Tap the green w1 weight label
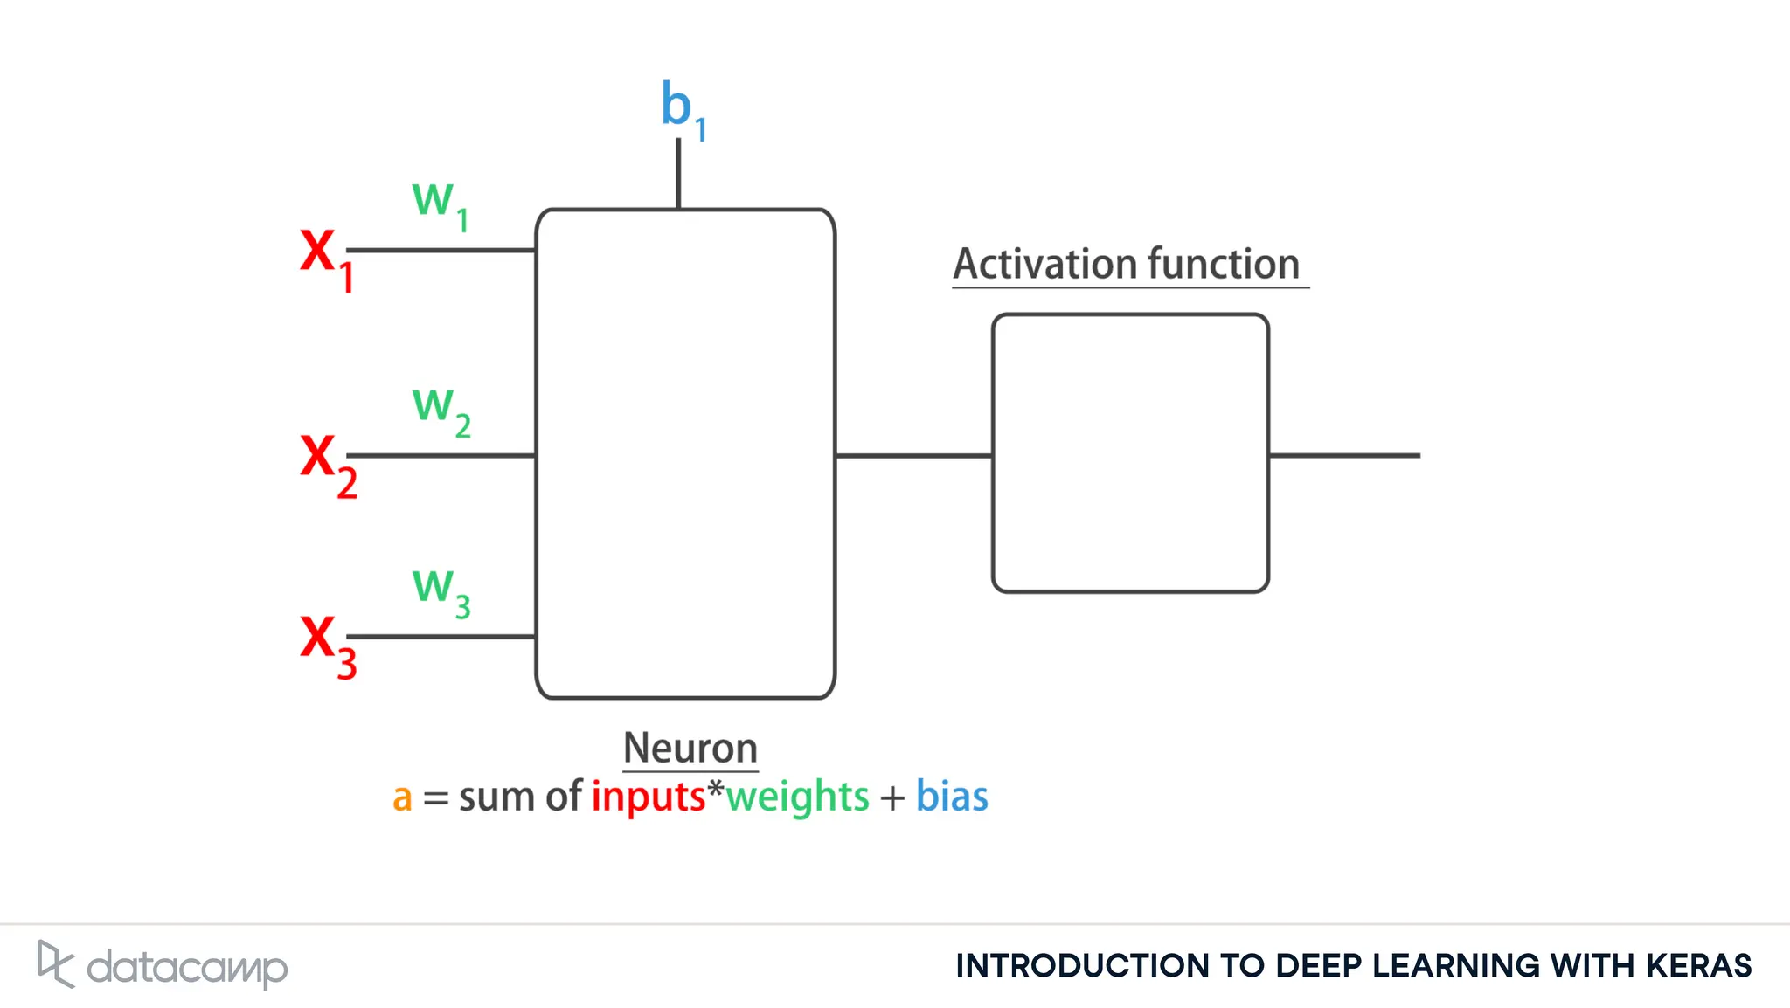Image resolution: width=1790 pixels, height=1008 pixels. (x=439, y=203)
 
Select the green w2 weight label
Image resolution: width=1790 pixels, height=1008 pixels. (x=440, y=409)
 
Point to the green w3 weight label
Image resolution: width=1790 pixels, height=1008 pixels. (x=440, y=590)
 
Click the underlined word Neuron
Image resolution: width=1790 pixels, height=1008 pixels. (x=690, y=749)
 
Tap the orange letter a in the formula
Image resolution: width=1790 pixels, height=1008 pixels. (x=401, y=797)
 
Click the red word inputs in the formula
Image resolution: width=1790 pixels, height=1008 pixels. (x=648, y=797)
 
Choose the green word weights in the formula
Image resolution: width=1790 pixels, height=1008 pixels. (x=797, y=797)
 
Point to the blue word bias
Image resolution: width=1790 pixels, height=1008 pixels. (x=951, y=797)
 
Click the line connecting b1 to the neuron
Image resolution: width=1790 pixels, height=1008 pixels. (x=678, y=175)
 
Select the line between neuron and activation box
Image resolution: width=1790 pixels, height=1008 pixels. (x=913, y=455)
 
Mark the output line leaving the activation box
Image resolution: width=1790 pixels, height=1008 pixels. (x=1344, y=455)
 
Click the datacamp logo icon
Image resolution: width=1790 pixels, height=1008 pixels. (x=55, y=963)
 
